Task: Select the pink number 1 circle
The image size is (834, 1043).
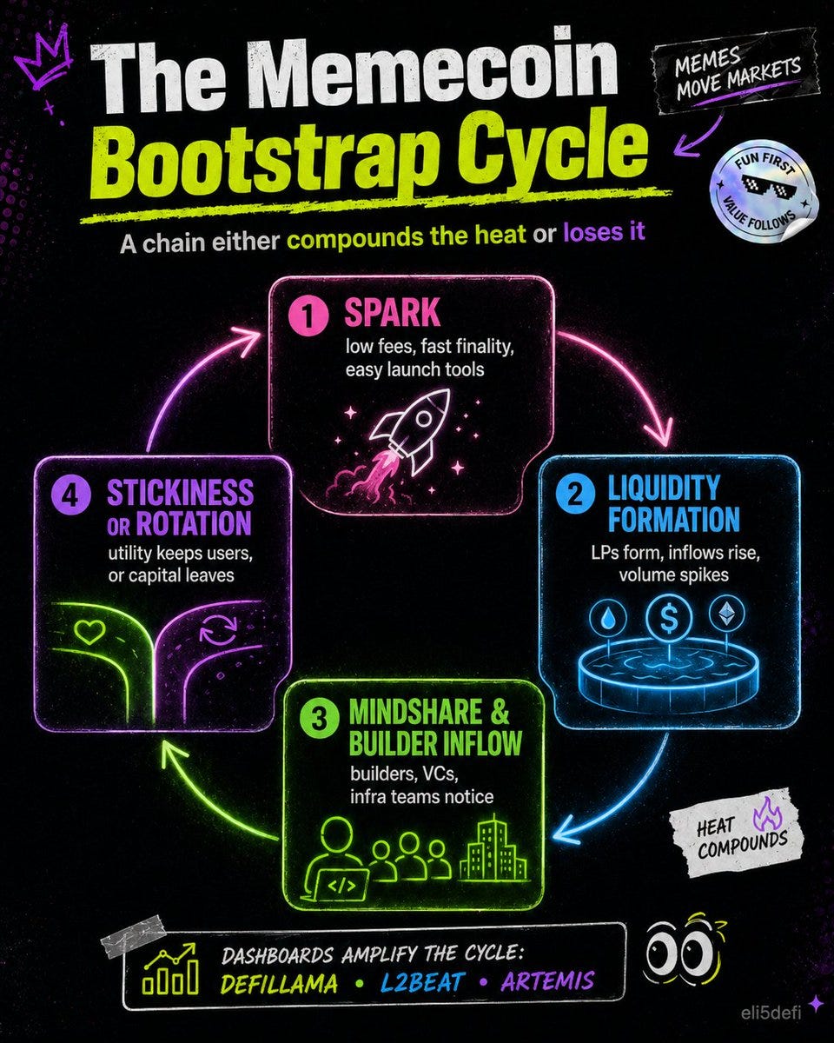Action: click(308, 316)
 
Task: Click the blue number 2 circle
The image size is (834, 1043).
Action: click(575, 495)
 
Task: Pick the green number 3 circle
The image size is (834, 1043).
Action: click(319, 718)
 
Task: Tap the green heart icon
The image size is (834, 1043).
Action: click(90, 632)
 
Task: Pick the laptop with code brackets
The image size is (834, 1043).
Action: click(341, 886)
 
